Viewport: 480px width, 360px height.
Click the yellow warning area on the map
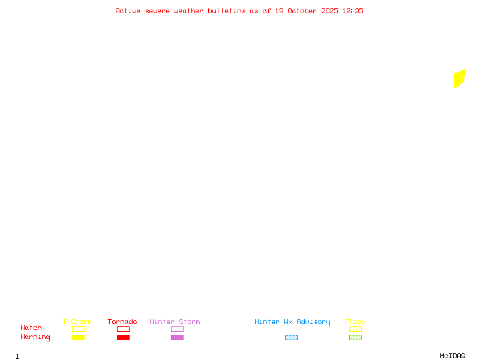point(460,79)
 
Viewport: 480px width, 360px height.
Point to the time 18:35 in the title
point(353,11)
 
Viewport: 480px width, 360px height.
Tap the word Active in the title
point(128,11)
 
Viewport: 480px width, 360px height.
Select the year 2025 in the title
point(329,11)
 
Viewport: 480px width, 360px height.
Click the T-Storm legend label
point(77,322)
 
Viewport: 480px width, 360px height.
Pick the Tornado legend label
point(122,322)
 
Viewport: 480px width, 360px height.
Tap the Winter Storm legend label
point(175,322)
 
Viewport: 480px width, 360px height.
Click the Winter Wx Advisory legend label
point(292,322)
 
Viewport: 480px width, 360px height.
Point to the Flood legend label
point(355,322)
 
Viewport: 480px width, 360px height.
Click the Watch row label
point(31,328)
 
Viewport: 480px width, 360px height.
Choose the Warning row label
point(35,337)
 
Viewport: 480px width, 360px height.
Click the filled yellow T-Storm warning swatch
point(78,338)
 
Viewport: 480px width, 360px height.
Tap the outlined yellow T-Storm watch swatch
point(78,329)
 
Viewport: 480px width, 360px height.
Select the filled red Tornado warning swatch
point(123,338)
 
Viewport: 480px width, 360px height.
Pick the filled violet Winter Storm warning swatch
point(177,338)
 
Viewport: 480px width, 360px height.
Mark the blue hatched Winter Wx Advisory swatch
point(291,338)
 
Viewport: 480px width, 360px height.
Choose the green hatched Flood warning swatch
point(355,338)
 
